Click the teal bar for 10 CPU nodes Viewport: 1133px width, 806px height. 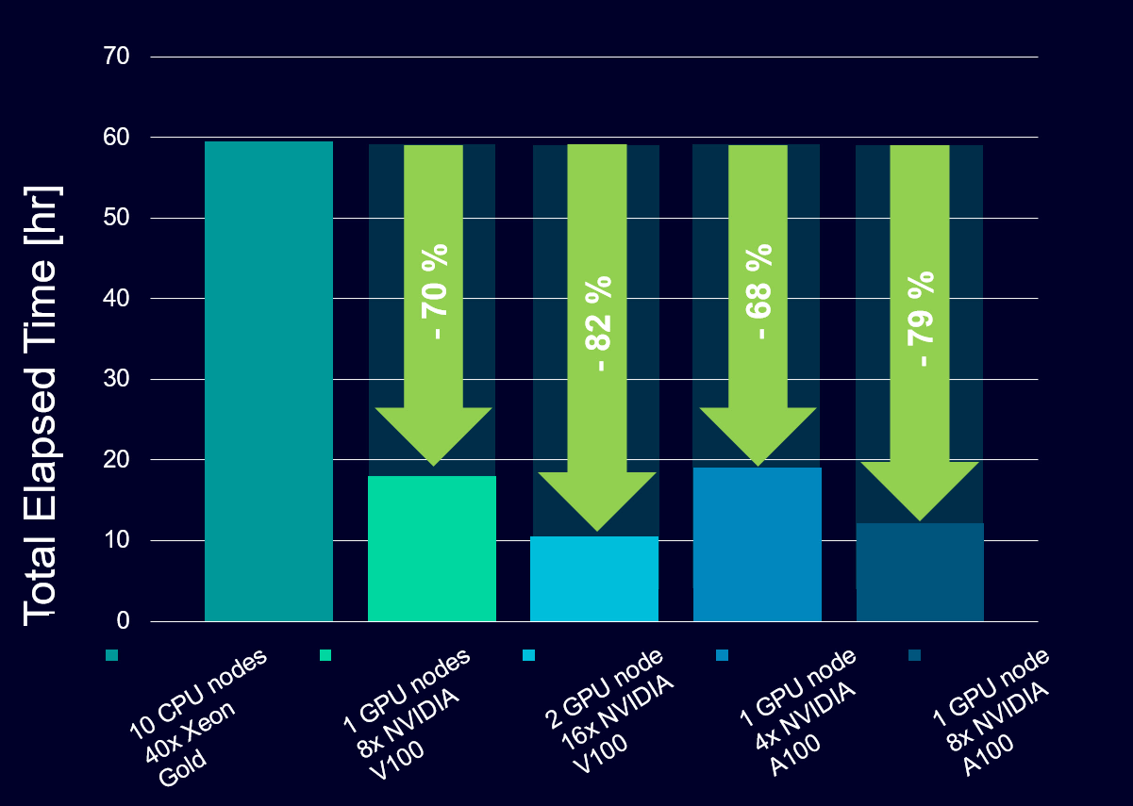[269, 382]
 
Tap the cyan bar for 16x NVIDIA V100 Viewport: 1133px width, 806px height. [594, 579]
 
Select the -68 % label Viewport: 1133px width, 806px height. [759, 292]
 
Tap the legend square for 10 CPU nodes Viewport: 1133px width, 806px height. [112, 655]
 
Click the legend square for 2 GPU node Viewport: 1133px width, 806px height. [528, 655]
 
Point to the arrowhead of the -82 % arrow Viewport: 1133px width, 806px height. [597, 500]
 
